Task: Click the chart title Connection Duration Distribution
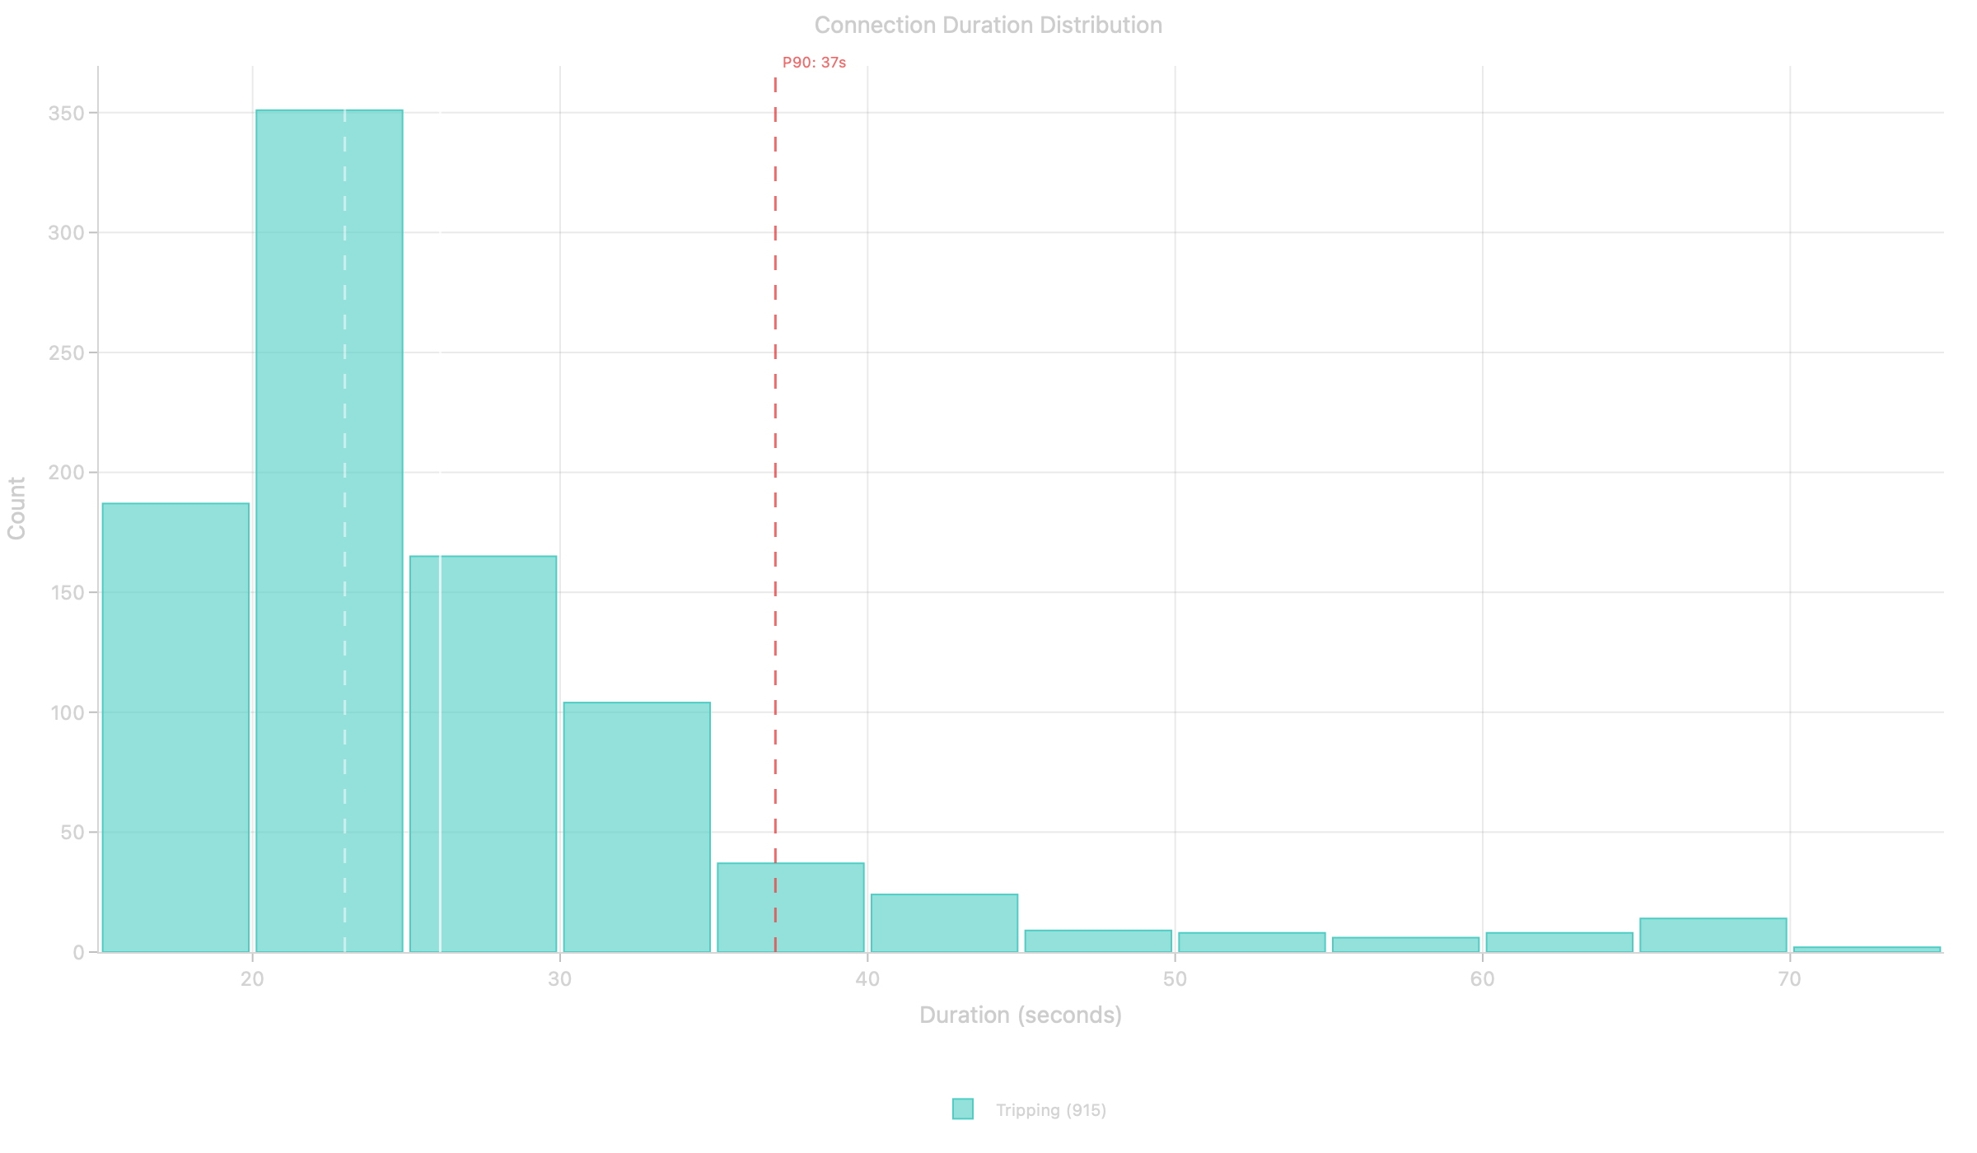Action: pos(988,26)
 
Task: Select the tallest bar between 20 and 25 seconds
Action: pos(329,527)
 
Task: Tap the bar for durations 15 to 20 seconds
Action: pos(175,725)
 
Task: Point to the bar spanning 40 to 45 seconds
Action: pos(945,922)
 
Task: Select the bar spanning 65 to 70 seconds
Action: pos(1713,935)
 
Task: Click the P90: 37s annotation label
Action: pos(814,63)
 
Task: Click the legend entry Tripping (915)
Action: pos(1050,1110)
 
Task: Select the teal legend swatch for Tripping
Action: pos(963,1109)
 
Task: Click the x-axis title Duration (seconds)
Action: pos(1021,1015)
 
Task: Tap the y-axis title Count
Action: pos(17,508)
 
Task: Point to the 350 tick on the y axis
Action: pos(67,114)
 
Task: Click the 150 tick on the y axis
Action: pos(67,593)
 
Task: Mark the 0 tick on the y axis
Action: pos(79,953)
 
